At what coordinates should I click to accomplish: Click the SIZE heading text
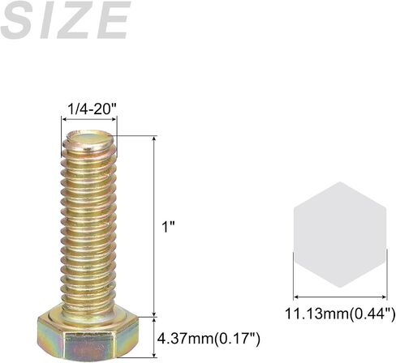click(x=64, y=20)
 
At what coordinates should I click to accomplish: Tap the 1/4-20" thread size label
click(x=92, y=109)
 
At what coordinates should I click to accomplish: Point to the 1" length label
click(x=168, y=226)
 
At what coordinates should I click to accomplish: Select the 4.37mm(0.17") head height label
click(x=209, y=338)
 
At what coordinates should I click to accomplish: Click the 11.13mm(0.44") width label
click(x=340, y=314)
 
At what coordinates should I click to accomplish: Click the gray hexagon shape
click(x=340, y=234)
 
